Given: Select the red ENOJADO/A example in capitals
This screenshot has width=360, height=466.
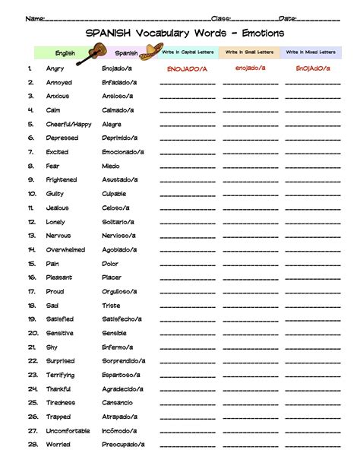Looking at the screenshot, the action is [x=188, y=68].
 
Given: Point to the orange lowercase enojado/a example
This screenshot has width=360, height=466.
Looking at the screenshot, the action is [x=251, y=68].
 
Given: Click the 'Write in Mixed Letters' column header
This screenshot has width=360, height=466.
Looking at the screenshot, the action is [x=311, y=52].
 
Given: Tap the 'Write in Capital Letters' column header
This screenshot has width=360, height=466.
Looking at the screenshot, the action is [x=188, y=52].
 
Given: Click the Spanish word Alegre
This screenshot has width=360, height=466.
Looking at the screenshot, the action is [x=112, y=124].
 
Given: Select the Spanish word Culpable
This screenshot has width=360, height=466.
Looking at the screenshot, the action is [x=115, y=194].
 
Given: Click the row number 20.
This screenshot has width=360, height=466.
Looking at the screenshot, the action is [x=33, y=333].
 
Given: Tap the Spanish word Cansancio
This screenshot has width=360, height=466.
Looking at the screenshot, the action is [x=118, y=402].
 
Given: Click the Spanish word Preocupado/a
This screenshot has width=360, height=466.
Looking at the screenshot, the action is [x=124, y=444].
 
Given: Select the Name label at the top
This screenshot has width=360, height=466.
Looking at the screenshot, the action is [x=33, y=17].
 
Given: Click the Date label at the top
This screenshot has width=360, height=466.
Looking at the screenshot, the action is [x=287, y=17].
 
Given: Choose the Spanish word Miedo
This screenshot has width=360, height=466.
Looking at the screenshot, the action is [x=111, y=166].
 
